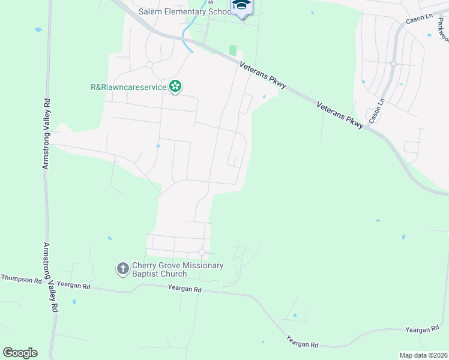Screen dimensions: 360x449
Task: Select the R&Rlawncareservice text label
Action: pyautogui.click(x=128, y=87)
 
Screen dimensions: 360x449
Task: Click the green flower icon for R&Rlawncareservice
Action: pyautogui.click(x=175, y=88)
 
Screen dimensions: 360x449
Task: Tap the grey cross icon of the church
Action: pyautogui.click(x=122, y=268)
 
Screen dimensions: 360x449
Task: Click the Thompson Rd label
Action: pyautogui.click(x=21, y=279)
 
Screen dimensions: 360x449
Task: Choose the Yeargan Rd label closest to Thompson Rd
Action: pyautogui.click(x=77, y=286)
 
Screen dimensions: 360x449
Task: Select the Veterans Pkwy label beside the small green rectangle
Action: pyautogui.click(x=262, y=76)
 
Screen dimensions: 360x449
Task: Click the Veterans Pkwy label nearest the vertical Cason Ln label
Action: pyautogui.click(x=340, y=113)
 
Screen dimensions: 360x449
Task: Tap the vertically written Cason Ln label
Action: pyautogui.click(x=376, y=112)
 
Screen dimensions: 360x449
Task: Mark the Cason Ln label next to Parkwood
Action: pyautogui.click(x=419, y=19)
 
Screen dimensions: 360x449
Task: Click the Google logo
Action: pyautogui.click(x=20, y=353)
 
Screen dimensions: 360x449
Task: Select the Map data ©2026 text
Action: pyautogui.click(x=423, y=355)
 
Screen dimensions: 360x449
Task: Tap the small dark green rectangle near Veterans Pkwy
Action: pyautogui.click(x=233, y=51)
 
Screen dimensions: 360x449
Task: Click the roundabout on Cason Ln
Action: pyautogui.click(x=393, y=64)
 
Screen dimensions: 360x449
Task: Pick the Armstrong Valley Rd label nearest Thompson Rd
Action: pyautogui.click(x=50, y=277)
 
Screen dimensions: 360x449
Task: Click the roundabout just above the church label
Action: pyautogui.click(x=202, y=253)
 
